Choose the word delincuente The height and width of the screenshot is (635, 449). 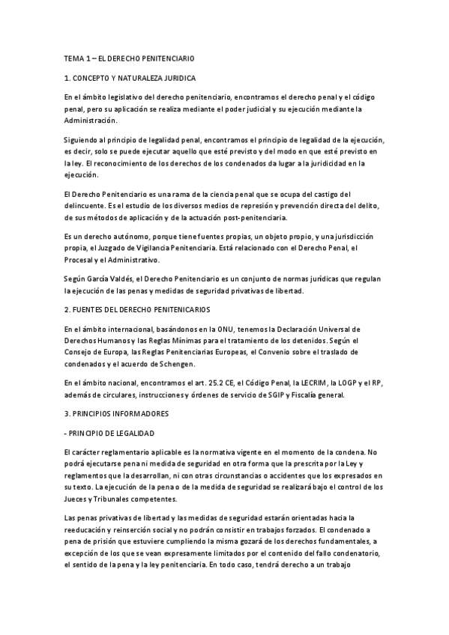(x=87, y=207)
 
